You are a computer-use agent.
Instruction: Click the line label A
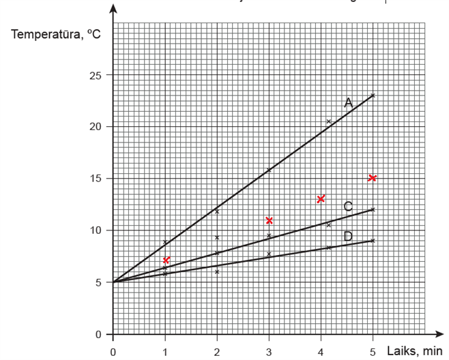click(x=348, y=103)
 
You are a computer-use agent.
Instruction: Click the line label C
click(x=348, y=207)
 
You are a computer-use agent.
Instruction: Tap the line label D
click(x=348, y=236)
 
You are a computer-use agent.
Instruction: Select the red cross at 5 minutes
click(x=373, y=178)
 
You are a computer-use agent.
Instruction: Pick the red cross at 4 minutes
click(x=321, y=199)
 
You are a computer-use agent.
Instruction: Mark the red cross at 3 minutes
click(x=269, y=220)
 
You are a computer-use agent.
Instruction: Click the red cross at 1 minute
click(x=166, y=260)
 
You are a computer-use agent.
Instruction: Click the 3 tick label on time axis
click(x=269, y=352)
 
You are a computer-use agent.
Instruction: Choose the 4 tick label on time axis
click(x=321, y=352)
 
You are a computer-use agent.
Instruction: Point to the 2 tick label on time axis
click(x=217, y=352)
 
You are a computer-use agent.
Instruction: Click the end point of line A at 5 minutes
click(x=373, y=95)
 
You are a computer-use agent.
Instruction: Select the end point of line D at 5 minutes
click(x=373, y=241)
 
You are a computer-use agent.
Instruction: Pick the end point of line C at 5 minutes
click(x=373, y=209)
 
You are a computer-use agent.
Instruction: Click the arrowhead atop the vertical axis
click(x=113, y=9)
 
